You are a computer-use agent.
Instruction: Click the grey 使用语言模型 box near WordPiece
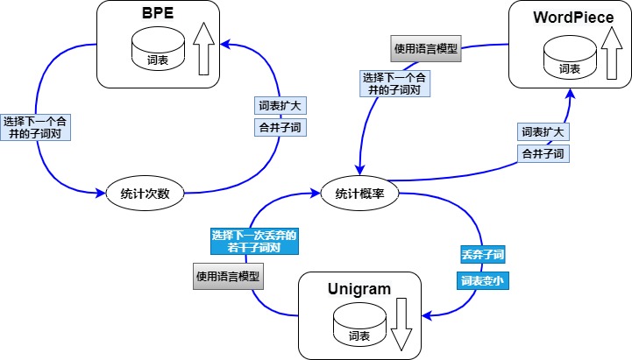coord(425,46)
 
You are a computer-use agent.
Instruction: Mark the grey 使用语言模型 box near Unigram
coord(230,276)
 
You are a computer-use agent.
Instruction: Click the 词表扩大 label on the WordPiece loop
coord(543,132)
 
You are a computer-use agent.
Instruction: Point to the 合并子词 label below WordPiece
coord(543,153)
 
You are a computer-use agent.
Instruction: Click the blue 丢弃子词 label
coord(482,255)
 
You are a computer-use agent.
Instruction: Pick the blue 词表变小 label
coord(482,281)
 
